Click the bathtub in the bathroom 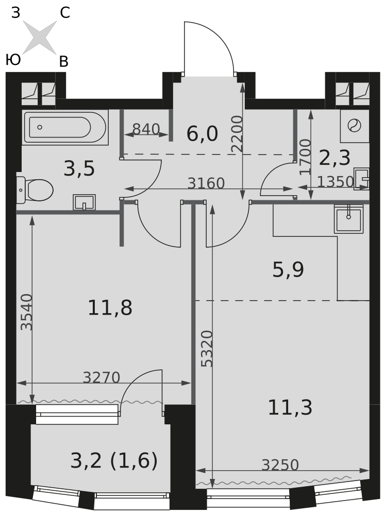tap(65, 127)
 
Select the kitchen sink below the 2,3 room tap(348, 219)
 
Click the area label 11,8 tap(110, 308)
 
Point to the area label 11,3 tap(290, 407)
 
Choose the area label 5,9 tap(288, 270)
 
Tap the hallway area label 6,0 tap(202, 134)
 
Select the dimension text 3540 tap(26, 312)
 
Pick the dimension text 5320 tap(207, 349)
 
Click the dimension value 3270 tap(101, 377)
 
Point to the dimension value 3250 tap(280, 465)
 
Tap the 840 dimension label tap(146, 129)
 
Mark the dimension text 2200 tap(237, 133)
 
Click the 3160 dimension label tap(206, 183)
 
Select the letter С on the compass tap(65, 13)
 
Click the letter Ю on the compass tap(13, 60)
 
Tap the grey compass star tap(40, 37)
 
